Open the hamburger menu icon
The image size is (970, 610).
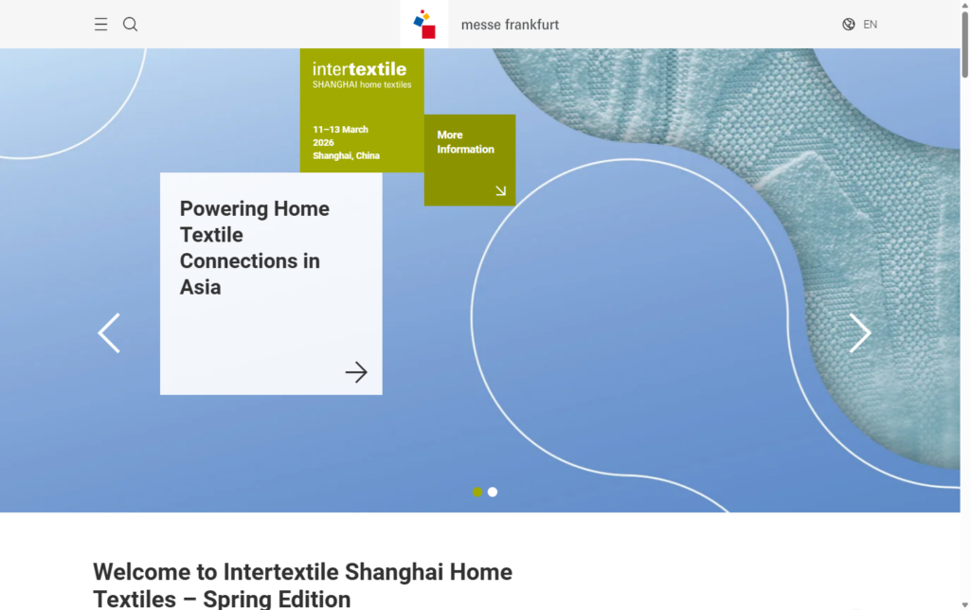tap(100, 25)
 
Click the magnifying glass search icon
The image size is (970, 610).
tap(131, 25)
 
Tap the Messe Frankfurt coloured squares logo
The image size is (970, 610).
tap(424, 25)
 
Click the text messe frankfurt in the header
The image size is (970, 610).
tap(510, 25)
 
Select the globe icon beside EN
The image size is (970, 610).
tap(849, 25)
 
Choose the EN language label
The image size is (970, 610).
tap(871, 25)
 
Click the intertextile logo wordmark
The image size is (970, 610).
tap(359, 69)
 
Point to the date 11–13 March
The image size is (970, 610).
tap(341, 130)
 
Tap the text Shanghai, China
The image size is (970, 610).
tap(346, 155)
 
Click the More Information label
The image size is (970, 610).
tap(465, 142)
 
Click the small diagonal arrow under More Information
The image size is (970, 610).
tap(500, 190)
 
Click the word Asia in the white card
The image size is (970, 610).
tap(200, 288)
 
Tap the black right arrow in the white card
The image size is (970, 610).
tap(356, 372)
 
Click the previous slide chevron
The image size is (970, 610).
tap(109, 333)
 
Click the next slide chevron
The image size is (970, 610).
tap(860, 333)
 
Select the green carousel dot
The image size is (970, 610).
tap(477, 492)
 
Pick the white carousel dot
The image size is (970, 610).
tap(493, 492)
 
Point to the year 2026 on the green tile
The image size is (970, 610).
tap(324, 143)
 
